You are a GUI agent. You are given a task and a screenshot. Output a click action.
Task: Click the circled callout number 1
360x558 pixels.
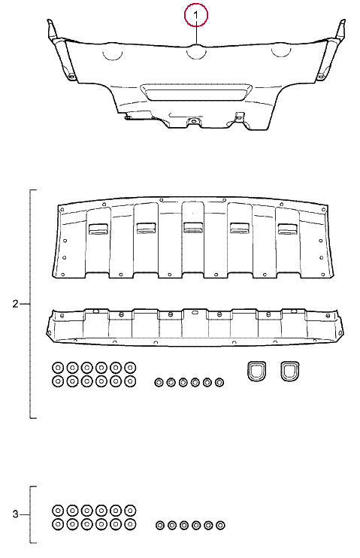click(195, 15)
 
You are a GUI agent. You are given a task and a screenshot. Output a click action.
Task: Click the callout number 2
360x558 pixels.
click(15, 304)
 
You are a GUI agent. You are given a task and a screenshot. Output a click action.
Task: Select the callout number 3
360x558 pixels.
click(15, 514)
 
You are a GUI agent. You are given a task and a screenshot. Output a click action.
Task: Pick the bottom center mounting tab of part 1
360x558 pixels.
click(193, 121)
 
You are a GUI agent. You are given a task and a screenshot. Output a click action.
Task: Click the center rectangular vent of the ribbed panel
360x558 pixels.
click(193, 227)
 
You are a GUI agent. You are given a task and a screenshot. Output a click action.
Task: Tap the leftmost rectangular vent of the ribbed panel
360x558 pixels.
click(98, 229)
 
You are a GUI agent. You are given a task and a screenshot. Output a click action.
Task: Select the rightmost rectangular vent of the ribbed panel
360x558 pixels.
click(288, 229)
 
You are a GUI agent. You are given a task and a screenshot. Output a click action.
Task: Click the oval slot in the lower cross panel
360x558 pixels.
click(195, 312)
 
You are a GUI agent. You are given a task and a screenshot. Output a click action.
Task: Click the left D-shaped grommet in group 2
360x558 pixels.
click(256, 371)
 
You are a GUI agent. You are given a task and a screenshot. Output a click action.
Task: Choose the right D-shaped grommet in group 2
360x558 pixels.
click(289, 371)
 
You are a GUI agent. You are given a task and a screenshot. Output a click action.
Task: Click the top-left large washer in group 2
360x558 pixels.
click(58, 367)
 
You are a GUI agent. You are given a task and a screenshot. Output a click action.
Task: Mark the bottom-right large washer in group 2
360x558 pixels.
click(130, 381)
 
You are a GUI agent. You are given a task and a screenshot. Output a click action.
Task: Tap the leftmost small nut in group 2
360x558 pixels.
click(159, 383)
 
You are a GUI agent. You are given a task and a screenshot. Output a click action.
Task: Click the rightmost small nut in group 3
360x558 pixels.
click(220, 525)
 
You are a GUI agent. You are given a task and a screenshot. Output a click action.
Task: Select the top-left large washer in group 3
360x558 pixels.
click(58, 510)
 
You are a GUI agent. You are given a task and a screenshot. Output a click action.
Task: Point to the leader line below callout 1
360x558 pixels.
click(196, 35)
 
